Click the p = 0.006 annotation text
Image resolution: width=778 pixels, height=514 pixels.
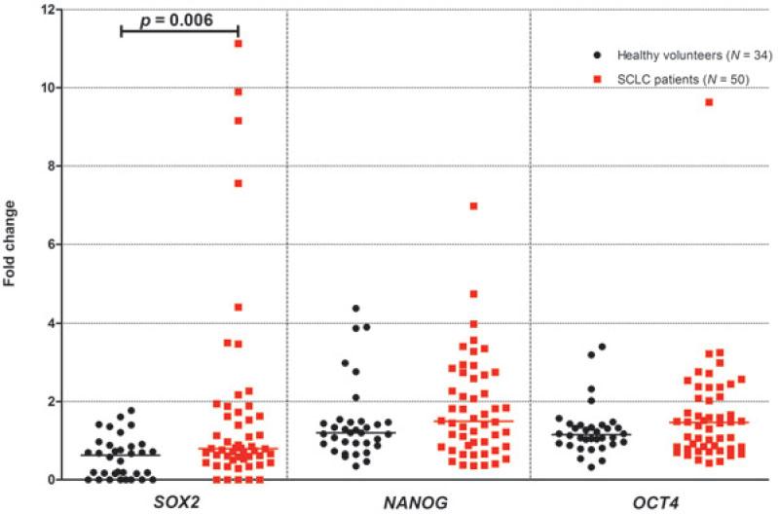(177, 19)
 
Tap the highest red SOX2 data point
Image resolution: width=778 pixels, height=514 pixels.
(238, 44)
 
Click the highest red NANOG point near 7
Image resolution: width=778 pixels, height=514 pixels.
(473, 206)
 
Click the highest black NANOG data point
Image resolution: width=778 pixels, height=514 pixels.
(356, 309)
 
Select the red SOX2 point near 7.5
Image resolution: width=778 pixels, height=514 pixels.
(238, 184)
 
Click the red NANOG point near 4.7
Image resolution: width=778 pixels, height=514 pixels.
(473, 294)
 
